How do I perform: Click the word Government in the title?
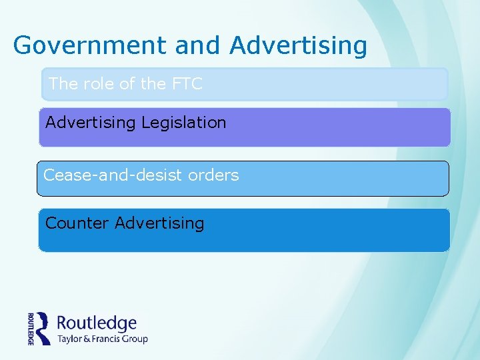pos(90,45)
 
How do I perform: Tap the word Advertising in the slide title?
pos(298,45)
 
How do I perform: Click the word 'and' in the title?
pos(198,45)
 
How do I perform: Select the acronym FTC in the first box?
pos(187,83)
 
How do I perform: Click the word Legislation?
pos(183,123)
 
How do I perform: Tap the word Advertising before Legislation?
pos(90,123)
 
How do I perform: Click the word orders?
pos(213,175)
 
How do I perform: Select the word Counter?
pos(77,223)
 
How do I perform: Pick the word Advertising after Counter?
pos(159,223)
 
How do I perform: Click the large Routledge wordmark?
pos(97,323)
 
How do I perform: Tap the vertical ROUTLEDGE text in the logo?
pos(31,328)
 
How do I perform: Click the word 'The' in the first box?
pos(63,83)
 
